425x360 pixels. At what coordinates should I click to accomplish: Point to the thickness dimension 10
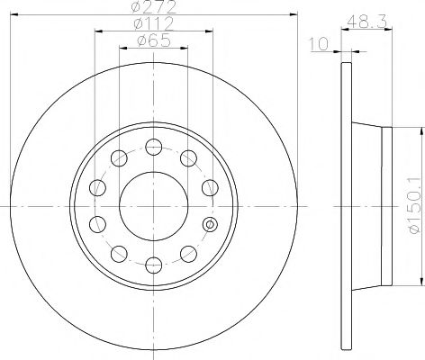coord(316,43)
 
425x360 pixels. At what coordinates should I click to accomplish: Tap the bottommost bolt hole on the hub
coord(153,263)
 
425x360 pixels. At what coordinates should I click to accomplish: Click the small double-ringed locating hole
coord(210,224)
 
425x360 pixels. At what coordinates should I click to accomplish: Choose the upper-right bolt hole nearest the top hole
coord(188,159)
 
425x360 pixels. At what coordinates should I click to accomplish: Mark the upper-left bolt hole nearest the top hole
coord(118,159)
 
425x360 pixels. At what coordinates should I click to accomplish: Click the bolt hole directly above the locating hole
coord(209,187)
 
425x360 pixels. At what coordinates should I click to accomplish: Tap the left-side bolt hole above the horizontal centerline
coord(97,187)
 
